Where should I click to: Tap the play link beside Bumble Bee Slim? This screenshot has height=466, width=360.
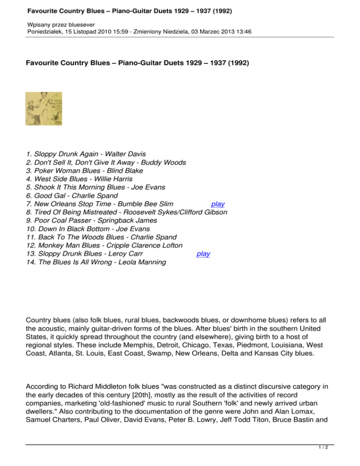(217, 204)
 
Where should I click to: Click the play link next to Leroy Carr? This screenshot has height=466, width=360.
(203, 254)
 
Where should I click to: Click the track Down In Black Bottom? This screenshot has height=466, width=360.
(70, 229)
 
